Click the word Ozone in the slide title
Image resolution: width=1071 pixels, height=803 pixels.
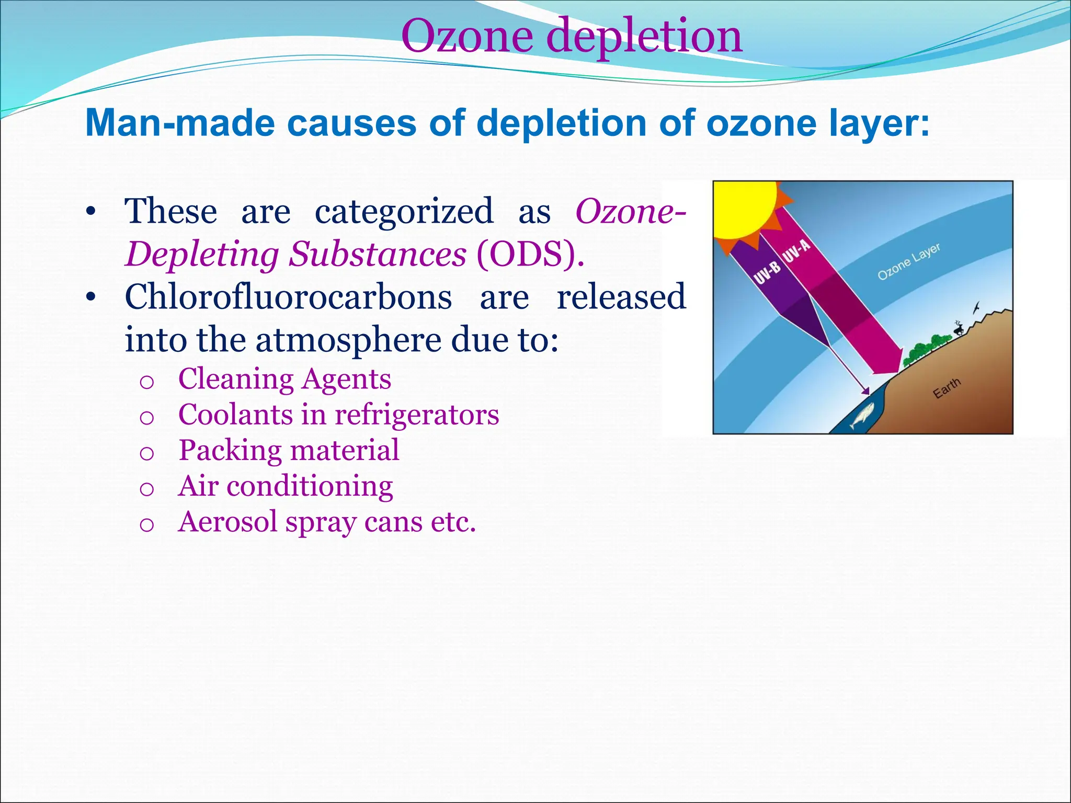468,37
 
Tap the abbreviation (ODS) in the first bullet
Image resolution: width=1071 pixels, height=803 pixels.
530,255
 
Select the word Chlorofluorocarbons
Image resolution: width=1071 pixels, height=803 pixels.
288,297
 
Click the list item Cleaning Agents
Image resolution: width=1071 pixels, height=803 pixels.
284,378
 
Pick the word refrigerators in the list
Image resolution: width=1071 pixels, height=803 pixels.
417,415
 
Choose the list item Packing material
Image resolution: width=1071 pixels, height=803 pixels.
289,450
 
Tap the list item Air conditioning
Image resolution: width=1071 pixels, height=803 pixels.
286,486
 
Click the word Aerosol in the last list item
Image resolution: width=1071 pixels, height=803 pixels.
227,522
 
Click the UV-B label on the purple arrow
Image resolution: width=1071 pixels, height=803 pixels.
767,273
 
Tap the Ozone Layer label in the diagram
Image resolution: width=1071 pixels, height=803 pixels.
908,261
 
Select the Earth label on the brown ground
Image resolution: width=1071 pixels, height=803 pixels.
947,388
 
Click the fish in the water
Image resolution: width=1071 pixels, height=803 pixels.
862,417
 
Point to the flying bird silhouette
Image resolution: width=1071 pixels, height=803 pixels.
976,308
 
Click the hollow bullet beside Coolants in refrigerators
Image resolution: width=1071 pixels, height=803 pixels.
147,418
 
